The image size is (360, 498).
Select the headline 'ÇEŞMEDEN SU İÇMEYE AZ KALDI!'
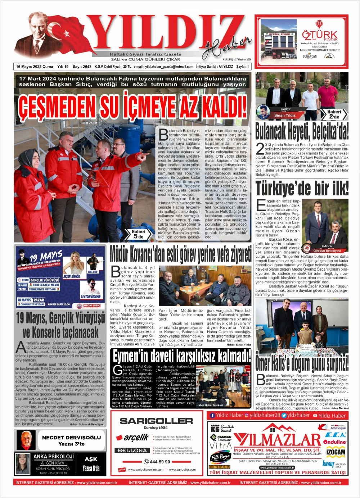[133, 107]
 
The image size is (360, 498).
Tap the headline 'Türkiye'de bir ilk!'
[302, 188]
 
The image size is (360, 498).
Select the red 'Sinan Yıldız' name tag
[285, 116]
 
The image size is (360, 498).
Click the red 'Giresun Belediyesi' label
[327, 250]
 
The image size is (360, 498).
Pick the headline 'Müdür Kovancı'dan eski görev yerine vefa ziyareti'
[181, 254]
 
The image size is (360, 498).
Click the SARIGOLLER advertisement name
[156, 421]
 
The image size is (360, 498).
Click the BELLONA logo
[132, 450]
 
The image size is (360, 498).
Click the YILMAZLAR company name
[277, 440]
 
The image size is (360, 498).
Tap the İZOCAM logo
[336, 452]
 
